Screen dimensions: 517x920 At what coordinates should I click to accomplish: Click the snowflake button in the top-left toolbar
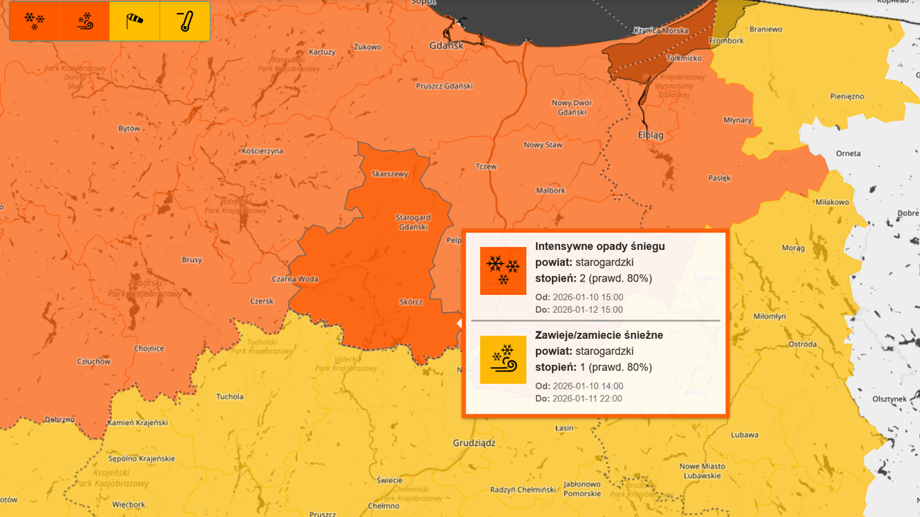[x=35, y=22]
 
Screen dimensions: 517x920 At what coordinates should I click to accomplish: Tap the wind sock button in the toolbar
[x=135, y=22]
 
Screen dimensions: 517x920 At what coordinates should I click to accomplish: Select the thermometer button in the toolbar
[x=185, y=22]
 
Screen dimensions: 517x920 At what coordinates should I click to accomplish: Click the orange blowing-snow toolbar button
[x=85, y=22]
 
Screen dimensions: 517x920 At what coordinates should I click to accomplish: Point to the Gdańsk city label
[x=446, y=46]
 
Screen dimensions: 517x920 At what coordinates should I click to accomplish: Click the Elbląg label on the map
[x=650, y=136]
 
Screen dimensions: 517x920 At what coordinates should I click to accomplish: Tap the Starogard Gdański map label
[x=412, y=223]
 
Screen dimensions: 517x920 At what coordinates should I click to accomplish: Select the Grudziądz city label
[x=474, y=443]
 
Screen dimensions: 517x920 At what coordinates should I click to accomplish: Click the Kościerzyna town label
[x=262, y=151]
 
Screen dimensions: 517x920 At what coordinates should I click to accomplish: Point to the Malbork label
[x=551, y=190]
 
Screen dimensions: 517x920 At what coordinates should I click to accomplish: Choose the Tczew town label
[x=486, y=166]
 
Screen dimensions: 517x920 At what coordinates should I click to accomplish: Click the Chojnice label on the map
[x=149, y=348]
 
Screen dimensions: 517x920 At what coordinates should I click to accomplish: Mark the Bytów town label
[x=129, y=128]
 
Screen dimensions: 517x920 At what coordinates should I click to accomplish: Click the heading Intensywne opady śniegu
[x=600, y=246]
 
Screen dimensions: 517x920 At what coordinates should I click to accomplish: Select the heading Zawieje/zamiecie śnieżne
[x=599, y=335]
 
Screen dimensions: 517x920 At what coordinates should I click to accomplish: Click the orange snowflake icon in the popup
[x=503, y=270]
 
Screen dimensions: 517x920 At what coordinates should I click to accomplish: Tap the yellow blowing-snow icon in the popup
[x=503, y=360]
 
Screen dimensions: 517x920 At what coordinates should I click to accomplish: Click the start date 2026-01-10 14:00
[x=587, y=386]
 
